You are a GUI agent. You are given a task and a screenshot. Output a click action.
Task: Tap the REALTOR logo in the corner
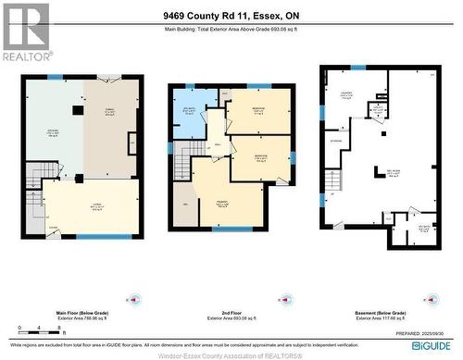pyautogui.click(x=25, y=31)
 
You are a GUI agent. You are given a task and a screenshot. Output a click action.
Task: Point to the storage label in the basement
pyautogui.click(x=334, y=142)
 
